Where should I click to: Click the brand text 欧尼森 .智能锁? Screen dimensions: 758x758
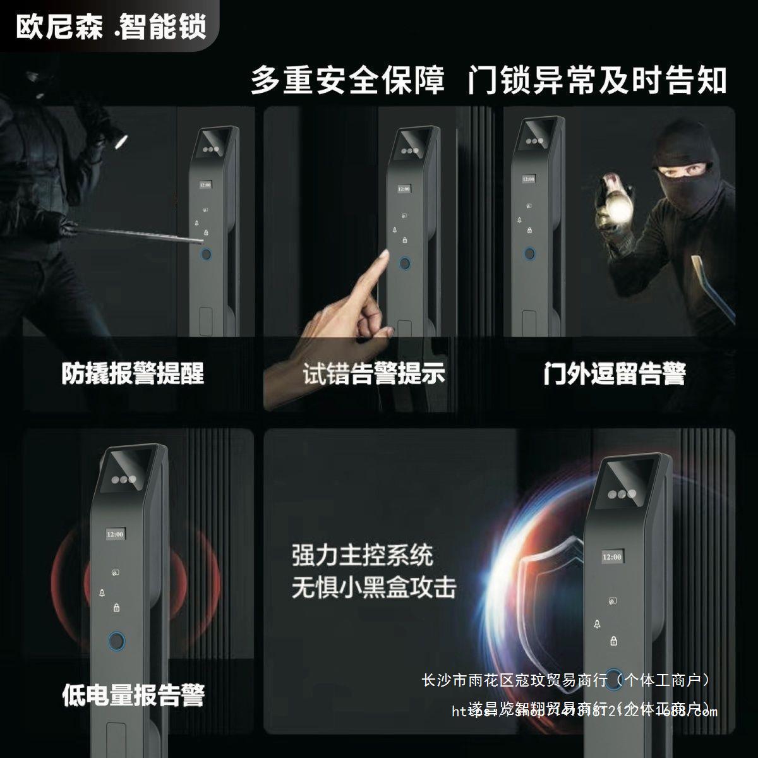pos(111,27)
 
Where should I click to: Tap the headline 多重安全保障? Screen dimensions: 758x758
pos(348,81)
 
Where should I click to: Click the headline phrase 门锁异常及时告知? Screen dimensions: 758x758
pos(597,81)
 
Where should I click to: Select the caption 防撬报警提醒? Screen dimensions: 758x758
pos(133,373)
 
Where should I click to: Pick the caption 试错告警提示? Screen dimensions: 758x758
pos(374,373)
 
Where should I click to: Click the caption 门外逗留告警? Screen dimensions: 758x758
pos(615,373)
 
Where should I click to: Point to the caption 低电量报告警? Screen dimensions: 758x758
pos(133,695)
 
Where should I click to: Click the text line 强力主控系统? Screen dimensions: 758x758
pos(363,556)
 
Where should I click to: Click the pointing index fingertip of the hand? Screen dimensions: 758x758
pos(383,254)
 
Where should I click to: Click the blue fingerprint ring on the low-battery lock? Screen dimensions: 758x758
pos(116,641)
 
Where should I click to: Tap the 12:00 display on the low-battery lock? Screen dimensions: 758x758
pos(116,534)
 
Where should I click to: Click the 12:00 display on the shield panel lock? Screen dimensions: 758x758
pos(612,557)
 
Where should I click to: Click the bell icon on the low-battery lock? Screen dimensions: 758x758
pos(101,593)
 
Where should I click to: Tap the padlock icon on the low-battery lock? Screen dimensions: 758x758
pos(116,608)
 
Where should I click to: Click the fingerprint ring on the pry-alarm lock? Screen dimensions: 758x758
pos(205,255)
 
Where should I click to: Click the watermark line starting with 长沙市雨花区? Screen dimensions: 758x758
pos(567,680)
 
